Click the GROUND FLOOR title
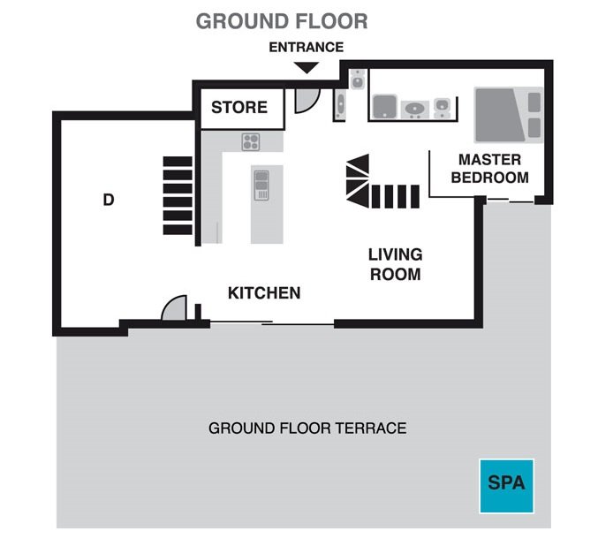tap(282, 21)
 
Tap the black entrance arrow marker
tap(306, 68)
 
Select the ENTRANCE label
tap(306, 48)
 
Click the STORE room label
tap(239, 107)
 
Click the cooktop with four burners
tap(251, 142)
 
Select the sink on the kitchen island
tap(261, 185)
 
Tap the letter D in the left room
tap(109, 200)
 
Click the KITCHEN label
tap(264, 292)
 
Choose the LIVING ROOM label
tap(395, 264)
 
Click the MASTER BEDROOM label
tap(490, 169)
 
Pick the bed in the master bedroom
tap(508, 115)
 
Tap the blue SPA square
tap(506, 486)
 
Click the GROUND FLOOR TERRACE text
tap(307, 428)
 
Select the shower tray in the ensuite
tap(385, 106)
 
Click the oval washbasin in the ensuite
tap(414, 109)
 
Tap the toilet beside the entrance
tap(358, 80)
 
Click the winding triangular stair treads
tap(358, 180)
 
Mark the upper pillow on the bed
tap(534, 102)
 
